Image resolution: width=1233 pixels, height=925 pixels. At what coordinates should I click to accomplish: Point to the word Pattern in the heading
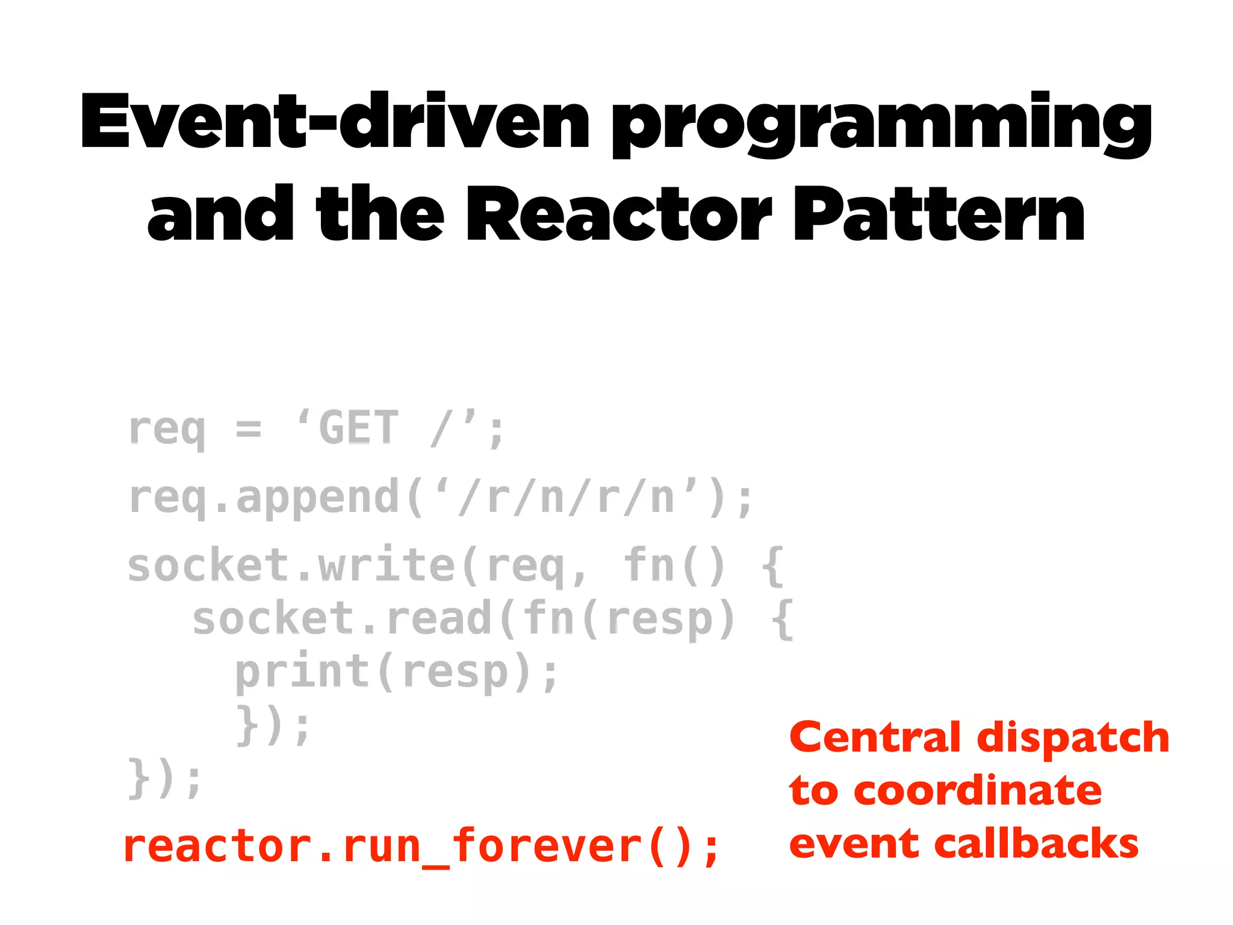point(939,214)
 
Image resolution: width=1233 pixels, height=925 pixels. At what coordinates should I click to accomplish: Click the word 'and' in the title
point(220,214)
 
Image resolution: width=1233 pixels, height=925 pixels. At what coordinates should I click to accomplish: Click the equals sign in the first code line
point(249,429)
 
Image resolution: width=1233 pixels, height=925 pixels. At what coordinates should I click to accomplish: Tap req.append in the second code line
point(264,499)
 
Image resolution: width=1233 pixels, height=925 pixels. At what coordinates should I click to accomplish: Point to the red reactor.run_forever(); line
point(421,846)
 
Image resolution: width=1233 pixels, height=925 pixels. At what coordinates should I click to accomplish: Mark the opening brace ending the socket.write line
point(772,566)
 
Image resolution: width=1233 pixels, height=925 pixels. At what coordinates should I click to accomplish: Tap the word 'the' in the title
point(380,214)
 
